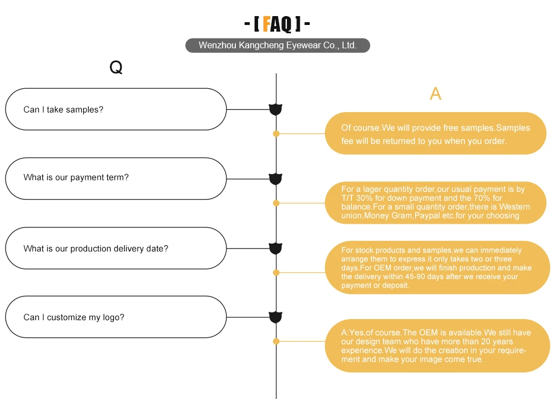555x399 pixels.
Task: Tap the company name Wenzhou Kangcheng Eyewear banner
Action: pyautogui.click(x=277, y=46)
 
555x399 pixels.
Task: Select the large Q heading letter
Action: pyautogui.click(x=115, y=68)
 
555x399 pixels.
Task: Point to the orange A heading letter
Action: pyautogui.click(x=436, y=94)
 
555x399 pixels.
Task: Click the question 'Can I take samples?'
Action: pyautogui.click(x=63, y=109)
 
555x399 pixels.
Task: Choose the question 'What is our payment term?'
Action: pyautogui.click(x=76, y=178)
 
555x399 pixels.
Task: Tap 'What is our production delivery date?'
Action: pyautogui.click(x=95, y=249)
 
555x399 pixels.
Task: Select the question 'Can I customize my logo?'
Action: pyautogui.click(x=74, y=317)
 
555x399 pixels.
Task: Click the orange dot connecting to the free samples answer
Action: pyautogui.click(x=276, y=134)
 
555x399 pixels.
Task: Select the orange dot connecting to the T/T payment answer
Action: pyautogui.click(x=276, y=203)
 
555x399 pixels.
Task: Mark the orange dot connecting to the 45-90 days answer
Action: pyautogui.click(x=276, y=272)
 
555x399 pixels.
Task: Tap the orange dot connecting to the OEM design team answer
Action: pyautogui.click(x=276, y=341)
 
